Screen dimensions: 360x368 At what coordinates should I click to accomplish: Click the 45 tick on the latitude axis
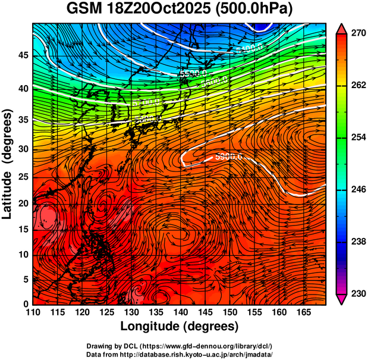(x=23, y=56)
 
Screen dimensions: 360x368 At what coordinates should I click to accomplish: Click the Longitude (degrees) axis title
(x=180, y=326)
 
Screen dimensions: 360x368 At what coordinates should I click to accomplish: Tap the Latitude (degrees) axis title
(x=8, y=164)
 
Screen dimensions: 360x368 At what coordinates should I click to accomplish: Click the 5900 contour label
(x=229, y=157)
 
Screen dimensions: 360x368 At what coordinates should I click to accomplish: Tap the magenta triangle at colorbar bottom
(x=342, y=299)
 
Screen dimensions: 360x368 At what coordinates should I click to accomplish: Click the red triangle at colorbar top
(x=342, y=28)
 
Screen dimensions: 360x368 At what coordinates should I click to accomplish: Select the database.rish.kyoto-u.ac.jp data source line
(x=180, y=354)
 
